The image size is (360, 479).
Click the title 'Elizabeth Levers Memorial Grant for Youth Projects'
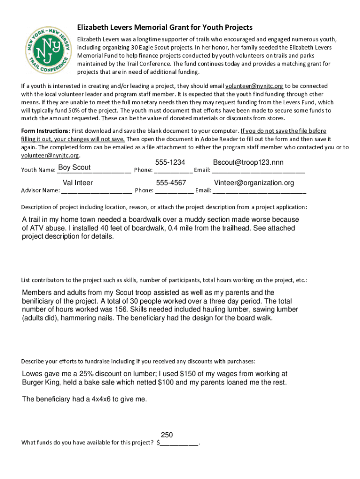pyautogui.click(x=165, y=28)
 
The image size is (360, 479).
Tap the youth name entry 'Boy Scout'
pyautogui.click(x=74, y=168)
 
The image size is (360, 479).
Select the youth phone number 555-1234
pyautogui.click(x=170, y=162)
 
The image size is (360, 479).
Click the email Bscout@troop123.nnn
pyautogui.click(x=248, y=162)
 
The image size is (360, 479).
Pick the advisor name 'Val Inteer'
pyautogui.click(x=78, y=183)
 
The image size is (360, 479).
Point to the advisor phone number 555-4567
pyautogui.click(x=171, y=183)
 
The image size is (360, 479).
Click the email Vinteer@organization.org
pyautogui.click(x=254, y=183)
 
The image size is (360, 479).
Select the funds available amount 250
pyautogui.click(x=167, y=434)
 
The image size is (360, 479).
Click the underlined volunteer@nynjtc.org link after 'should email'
pyautogui.click(x=254, y=86)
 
